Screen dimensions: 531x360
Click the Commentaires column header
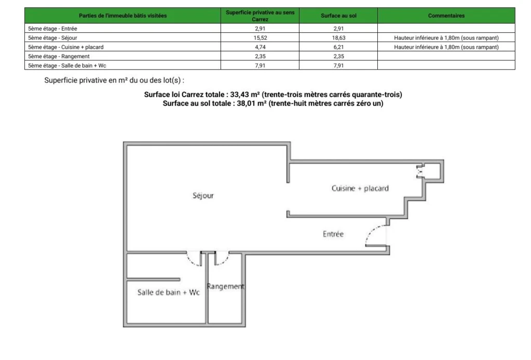point(446,16)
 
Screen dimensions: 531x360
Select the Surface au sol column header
point(338,16)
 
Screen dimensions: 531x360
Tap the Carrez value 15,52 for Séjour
point(260,38)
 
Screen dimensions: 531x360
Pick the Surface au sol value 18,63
point(338,38)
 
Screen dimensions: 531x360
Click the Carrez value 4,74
point(260,47)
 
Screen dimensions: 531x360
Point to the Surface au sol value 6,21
point(338,47)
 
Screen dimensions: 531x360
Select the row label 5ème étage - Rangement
point(59,56)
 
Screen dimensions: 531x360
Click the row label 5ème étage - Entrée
point(52,29)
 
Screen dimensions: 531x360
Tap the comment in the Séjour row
point(446,38)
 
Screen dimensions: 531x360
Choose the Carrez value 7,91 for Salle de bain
point(260,65)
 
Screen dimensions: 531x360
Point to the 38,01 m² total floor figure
point(251,103)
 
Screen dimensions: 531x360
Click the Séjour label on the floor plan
point(203,196)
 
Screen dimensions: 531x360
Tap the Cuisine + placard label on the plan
point(360,188)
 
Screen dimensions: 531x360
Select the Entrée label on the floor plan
point(333,234)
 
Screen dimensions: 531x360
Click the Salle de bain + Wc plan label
point(168,292)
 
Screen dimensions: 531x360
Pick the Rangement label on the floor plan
point(225,286)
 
